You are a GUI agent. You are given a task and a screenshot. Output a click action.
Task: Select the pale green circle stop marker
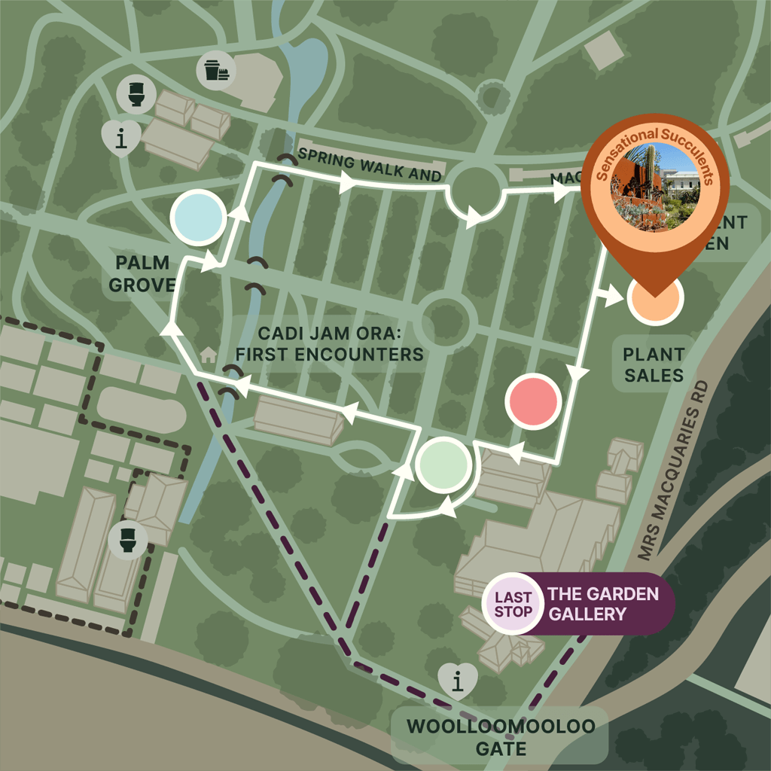click(x=443, y=465)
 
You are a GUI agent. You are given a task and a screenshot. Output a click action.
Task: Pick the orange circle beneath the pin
click(x=654, y=297)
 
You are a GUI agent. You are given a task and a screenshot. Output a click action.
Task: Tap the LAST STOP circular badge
click(x=513, y=604)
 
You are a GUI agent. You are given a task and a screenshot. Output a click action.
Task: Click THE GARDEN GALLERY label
click(x=602, y=604)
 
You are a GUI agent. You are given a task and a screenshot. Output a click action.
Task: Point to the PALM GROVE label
click(x=142, y=274)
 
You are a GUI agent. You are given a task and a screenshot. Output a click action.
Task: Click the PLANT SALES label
click(x=654, y=364)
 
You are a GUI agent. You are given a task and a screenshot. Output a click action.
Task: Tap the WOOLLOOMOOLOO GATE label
click(x=501, y=738)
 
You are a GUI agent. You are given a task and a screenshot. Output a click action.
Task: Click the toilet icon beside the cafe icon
click(x=137, y=95)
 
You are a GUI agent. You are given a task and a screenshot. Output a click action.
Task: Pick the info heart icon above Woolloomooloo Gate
click(x=457, y=682)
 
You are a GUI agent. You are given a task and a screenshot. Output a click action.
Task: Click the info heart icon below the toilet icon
click(x=120, y=138)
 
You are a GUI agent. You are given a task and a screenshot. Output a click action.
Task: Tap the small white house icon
click(x=209, y=353)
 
